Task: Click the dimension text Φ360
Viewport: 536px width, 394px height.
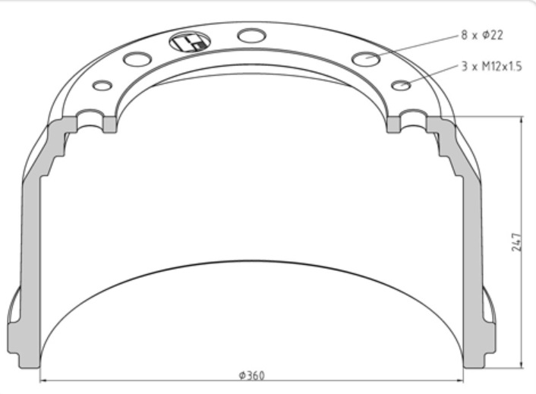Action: pos(251,376)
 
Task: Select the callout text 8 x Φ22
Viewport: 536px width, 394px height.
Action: pos(482,35)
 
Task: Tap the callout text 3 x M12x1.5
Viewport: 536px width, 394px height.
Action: pos(491,67)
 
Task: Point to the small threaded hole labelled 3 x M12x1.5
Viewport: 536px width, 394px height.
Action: pos(401,85)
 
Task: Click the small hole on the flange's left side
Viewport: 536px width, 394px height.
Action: pos(102,85)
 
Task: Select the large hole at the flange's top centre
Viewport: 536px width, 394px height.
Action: pos(251,35)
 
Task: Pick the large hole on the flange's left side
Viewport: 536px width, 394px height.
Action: pos(137,58)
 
